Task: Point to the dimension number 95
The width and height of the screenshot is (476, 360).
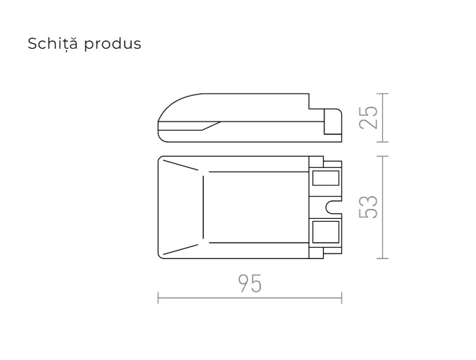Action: click(249, 284)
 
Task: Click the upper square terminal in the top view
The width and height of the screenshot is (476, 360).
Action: click(324, 178)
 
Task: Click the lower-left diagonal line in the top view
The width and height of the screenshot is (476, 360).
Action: click(183, 248)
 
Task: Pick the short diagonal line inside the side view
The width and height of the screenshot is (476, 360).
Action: click(211, 126)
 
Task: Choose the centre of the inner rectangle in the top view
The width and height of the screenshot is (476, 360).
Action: click(255, 207)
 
